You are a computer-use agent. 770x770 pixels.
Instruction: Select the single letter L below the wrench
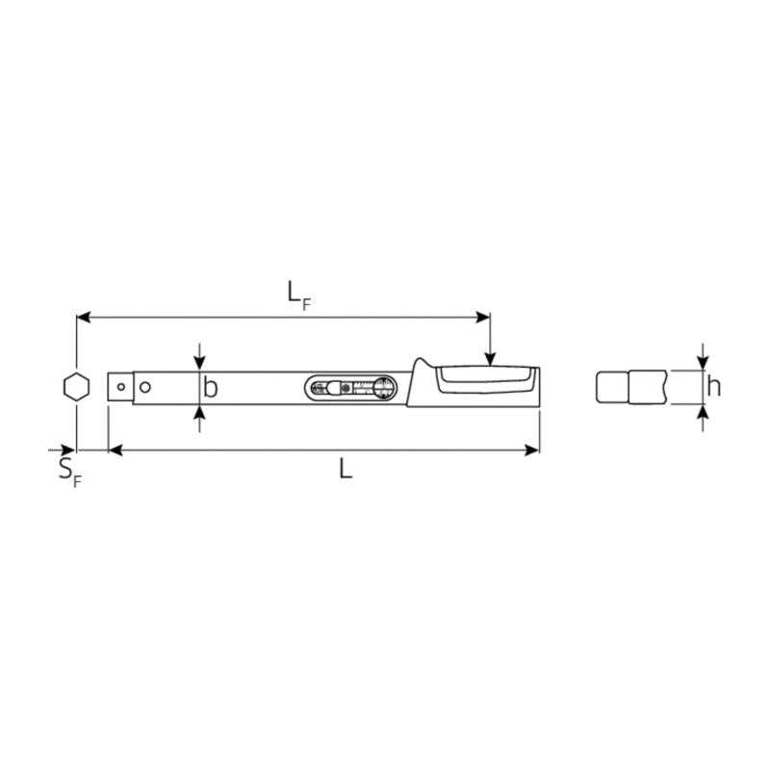pos(346,469)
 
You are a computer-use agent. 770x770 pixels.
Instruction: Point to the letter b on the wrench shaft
pos(211,388)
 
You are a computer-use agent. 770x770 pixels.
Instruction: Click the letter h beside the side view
pos(713,387)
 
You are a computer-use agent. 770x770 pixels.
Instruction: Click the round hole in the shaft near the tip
pos(145,387)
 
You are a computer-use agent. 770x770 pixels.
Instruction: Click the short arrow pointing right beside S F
pos(64,449)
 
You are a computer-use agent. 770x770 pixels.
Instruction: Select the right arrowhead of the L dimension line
pos(532,449)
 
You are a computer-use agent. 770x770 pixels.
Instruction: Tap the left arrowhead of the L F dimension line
pos(84,315)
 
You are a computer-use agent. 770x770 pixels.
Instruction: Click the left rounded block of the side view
pos(613,388)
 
